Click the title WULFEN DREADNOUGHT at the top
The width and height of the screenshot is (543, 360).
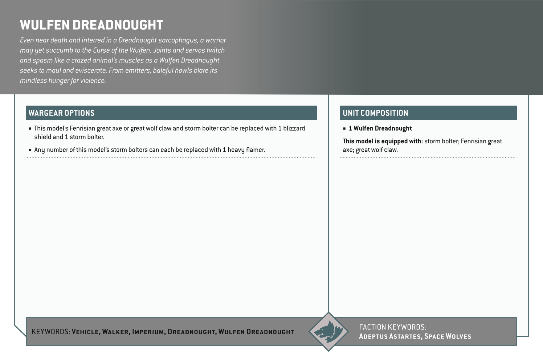click(91, 25)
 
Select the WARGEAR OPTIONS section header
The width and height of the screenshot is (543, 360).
click(61, 113)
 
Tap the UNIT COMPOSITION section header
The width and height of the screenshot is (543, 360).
click(375, 113)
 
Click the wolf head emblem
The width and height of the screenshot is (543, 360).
click(328, 332)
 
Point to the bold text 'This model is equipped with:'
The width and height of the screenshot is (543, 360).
click(383, 141)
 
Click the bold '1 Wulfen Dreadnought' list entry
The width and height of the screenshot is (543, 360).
click(380, 128)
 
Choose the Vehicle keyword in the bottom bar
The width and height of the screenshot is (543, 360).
click(86, 332)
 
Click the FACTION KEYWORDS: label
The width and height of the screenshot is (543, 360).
click(392, 327)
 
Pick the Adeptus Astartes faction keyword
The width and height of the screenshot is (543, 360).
click(389, 336)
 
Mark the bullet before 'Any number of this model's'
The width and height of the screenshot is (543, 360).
click(30, 150)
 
